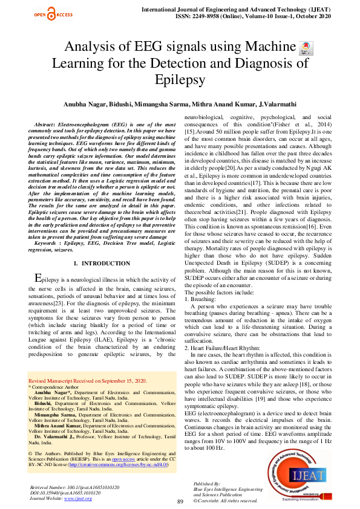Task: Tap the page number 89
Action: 180,501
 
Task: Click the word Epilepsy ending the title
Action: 180,79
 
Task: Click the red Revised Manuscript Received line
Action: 88,381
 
